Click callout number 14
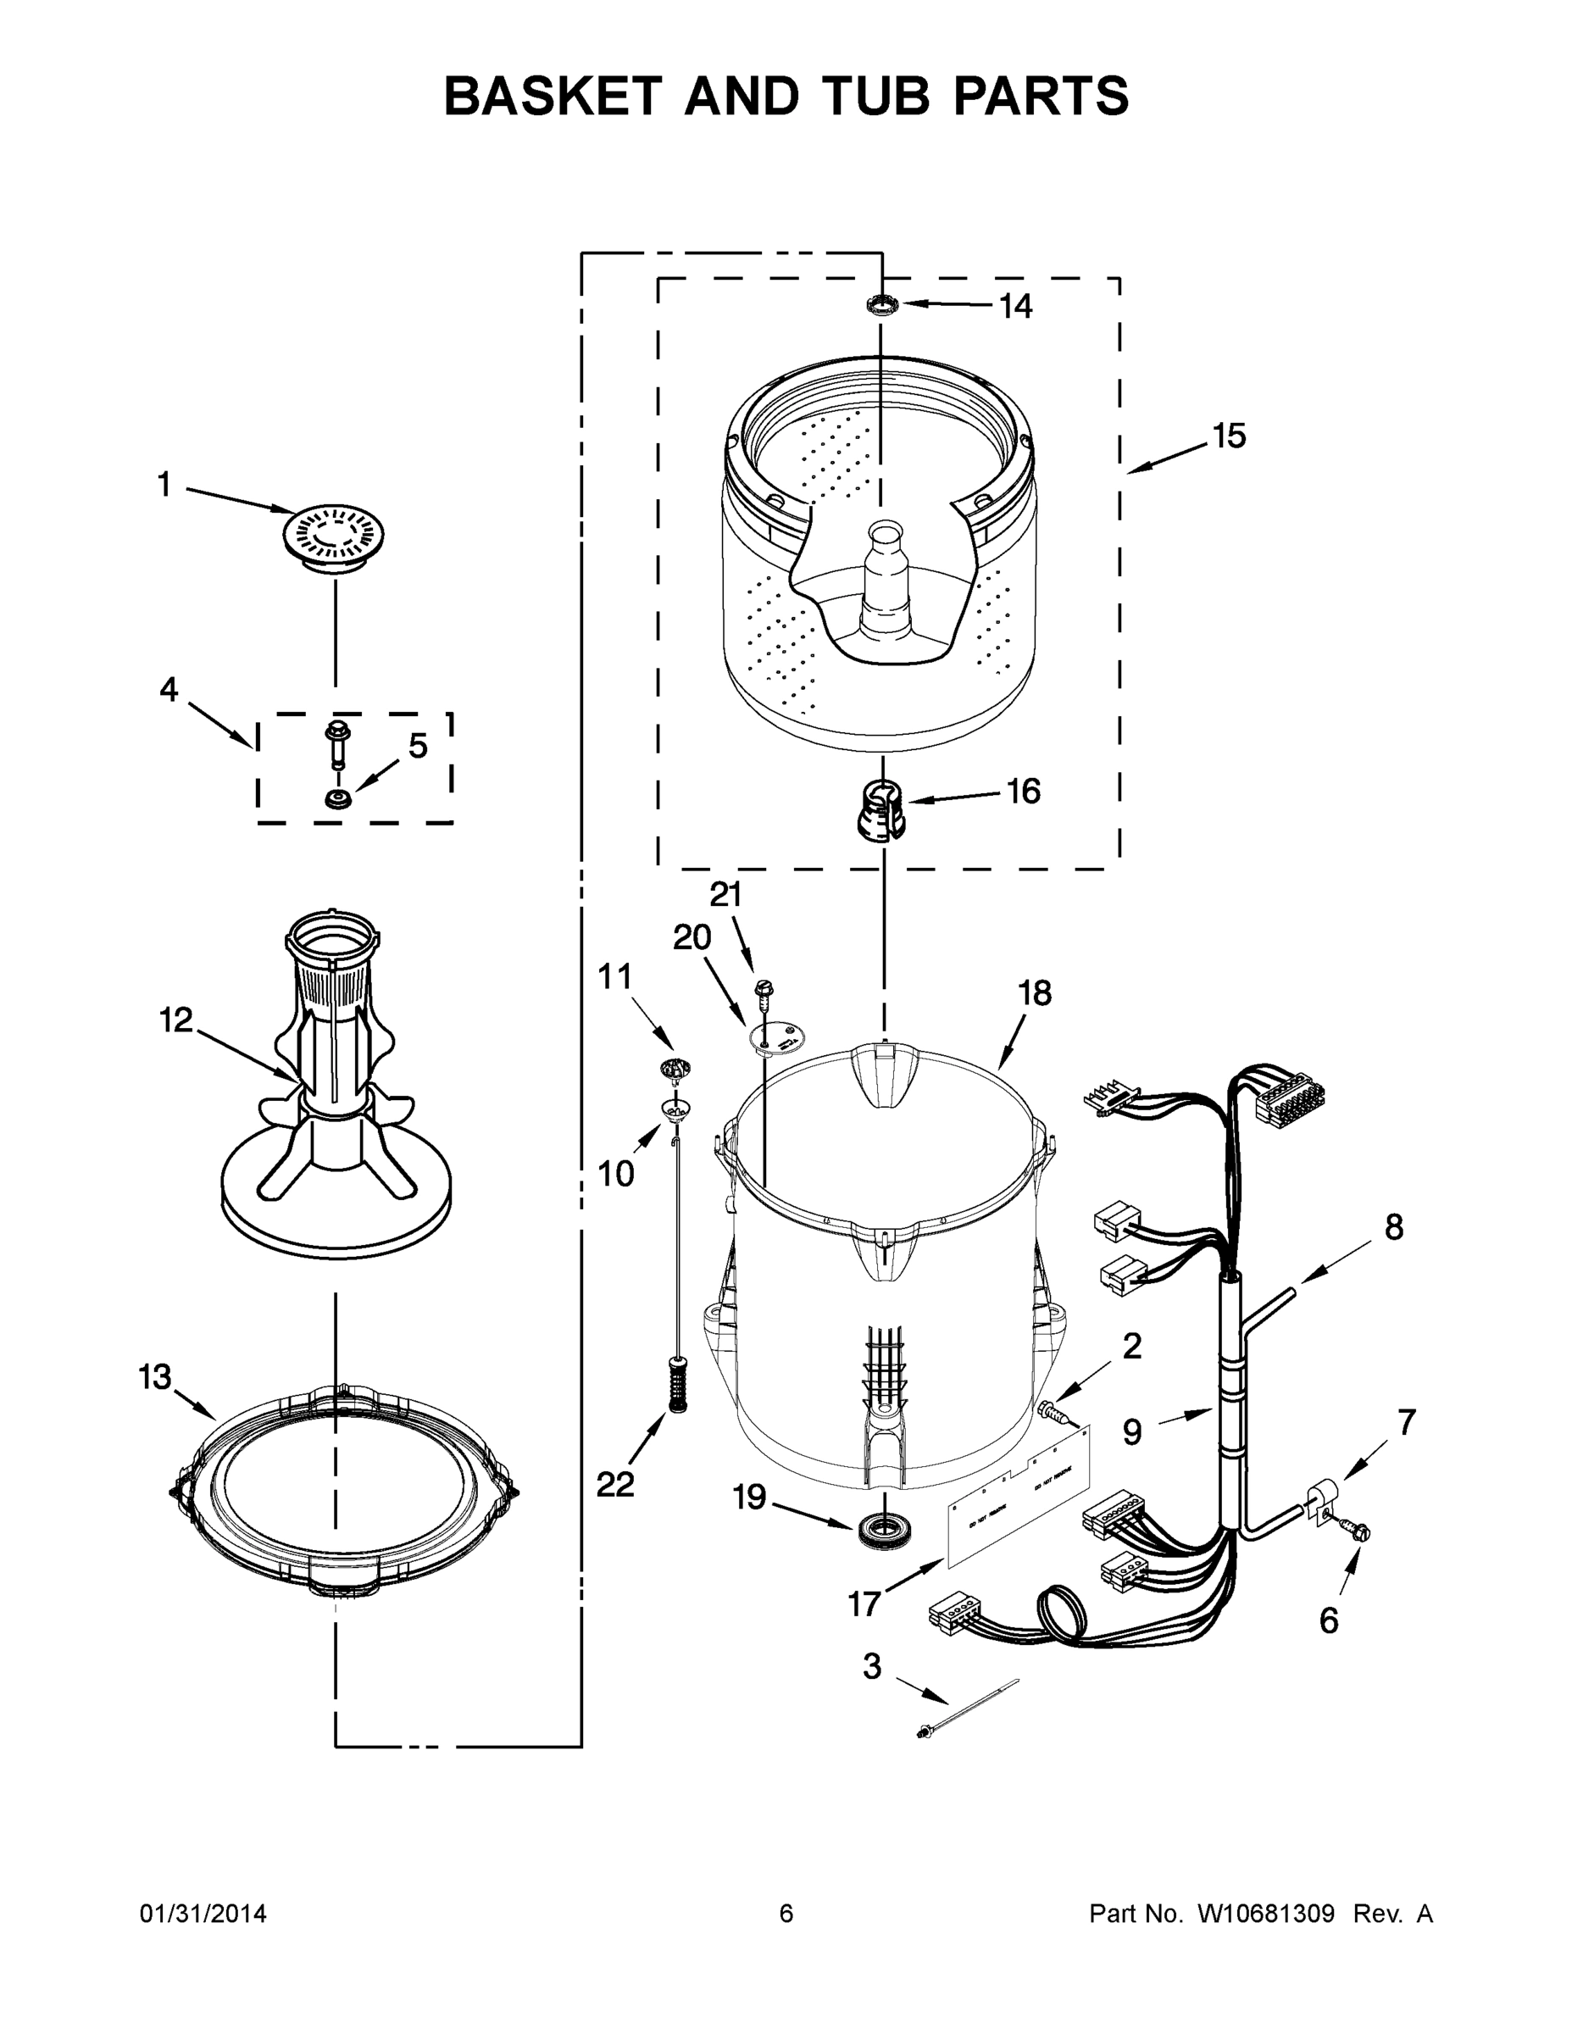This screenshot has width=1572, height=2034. point(1015,307)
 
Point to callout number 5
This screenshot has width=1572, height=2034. point(418,745)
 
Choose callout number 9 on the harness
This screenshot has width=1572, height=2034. point(1131,1431)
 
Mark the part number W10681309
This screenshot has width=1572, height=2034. point(1265,1914)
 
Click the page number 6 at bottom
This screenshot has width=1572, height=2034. point(786,1914)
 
